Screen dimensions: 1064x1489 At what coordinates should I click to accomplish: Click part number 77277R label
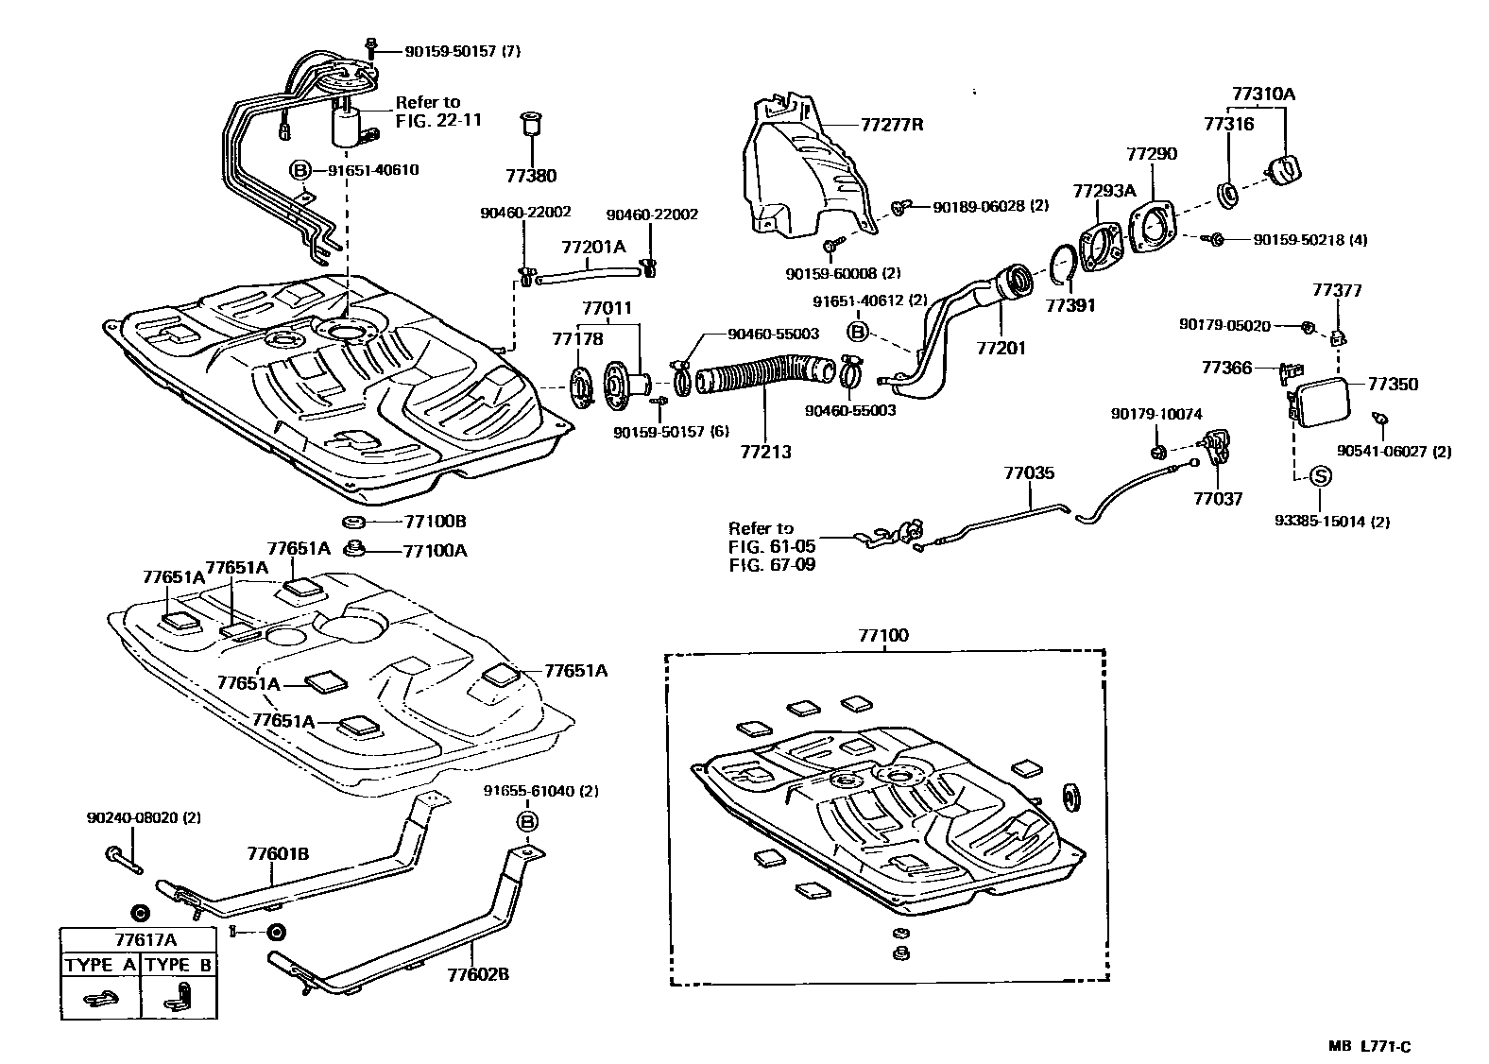click(891, 124)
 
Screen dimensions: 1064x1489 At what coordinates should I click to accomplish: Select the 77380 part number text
click(530, 175)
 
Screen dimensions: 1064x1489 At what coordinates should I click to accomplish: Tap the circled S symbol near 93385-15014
click(1320, 476)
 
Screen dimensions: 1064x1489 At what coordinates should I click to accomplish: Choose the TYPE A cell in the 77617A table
click(100, 965)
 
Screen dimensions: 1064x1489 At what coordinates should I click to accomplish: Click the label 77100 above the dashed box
click(882, 635)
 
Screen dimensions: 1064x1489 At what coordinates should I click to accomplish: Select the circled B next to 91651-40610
click(300, 170)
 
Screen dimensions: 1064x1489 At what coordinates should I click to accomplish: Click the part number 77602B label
click(477, 973)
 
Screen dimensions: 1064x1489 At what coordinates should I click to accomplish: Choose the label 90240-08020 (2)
click(143, 816)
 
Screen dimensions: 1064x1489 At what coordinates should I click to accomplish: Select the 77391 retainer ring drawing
click(1063, 266)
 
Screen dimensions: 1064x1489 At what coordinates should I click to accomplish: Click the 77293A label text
click(1104, 190)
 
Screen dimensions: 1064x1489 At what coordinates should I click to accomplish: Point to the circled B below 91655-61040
click(527, 820)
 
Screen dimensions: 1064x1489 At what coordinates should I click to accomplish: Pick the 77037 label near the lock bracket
click(1217, 498)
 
